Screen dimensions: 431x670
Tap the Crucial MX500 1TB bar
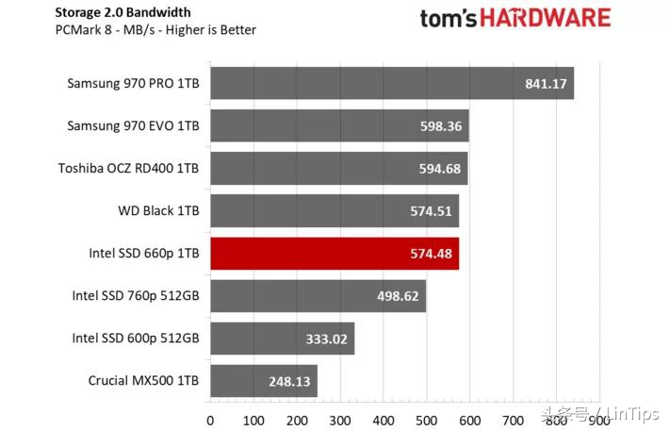click(263, 381)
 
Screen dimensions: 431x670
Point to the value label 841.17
click(546, 83)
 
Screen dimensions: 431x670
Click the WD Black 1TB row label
click(157, 210)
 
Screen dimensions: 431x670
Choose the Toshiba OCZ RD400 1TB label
click(129, 169)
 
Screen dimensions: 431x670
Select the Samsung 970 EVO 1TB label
click(133, 125)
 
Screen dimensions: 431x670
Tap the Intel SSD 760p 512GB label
click(136, 296)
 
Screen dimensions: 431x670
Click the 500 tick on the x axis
click(426, 419)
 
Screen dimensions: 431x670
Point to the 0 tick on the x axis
click(210, 419)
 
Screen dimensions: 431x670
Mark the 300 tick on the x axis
click(339, 419)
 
